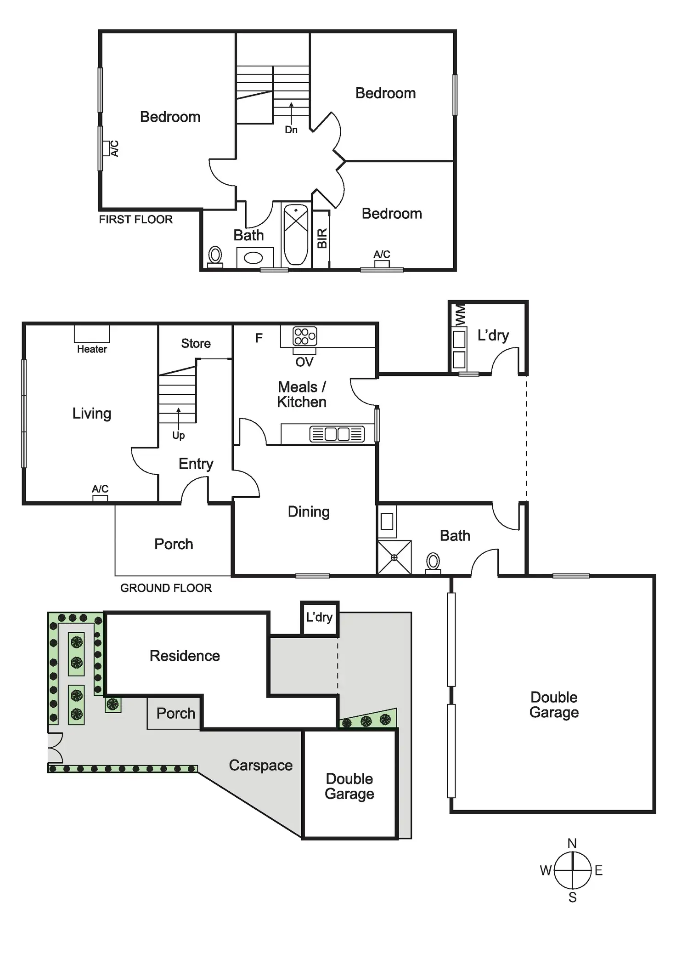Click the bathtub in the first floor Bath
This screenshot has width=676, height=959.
tap(296, 235)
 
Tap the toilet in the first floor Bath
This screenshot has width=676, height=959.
tap(215, 256)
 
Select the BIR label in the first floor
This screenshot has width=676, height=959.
tap(322, 238)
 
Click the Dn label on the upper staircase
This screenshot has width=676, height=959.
tap(291, 130)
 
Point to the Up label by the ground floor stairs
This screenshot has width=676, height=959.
tap(178, 435)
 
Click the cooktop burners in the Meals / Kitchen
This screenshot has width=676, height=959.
tap(304, 336)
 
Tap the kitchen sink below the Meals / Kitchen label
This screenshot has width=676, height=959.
tap(337, 434)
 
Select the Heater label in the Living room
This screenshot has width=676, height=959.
tap(92, 349)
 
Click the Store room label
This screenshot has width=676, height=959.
tap(196, 343)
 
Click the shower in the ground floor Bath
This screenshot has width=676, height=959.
tap(394, 557)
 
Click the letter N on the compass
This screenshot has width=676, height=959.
tap(572, 844)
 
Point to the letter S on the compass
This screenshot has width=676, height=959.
tap(572, 897)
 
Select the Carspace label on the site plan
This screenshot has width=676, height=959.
tap(260, 766)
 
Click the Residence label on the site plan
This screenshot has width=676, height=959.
tap(185, 656)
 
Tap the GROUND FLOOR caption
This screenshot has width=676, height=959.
tap(166, 588)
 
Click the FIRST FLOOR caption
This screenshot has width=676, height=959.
tap(135, 220)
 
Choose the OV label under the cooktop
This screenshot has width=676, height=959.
tap(304, 362)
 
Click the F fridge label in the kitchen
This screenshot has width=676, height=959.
tap(259, 338)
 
